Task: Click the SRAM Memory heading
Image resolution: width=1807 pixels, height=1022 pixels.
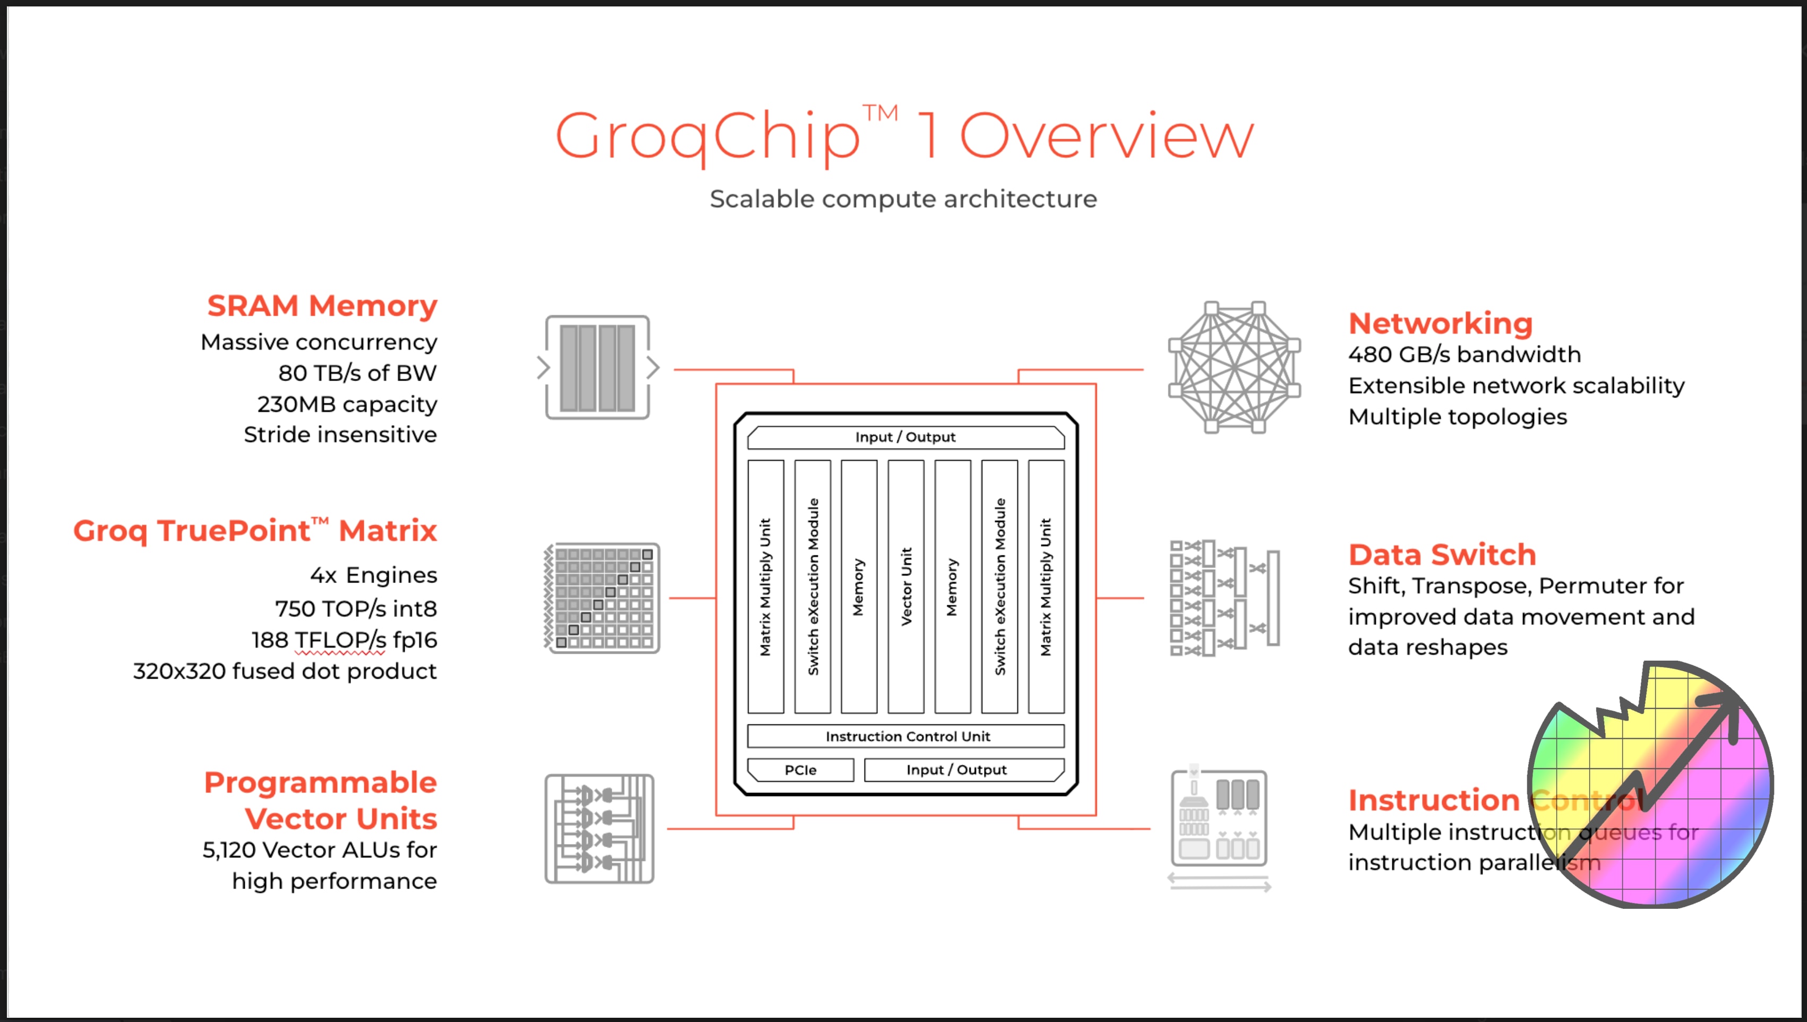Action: [x=322, y=306]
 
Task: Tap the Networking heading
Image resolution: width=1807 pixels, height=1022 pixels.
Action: [x=1440, y=324]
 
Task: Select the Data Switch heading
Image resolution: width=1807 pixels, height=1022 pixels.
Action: [x=1442, y=554]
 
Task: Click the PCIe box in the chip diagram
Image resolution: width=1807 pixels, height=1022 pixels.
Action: [x=800, y=770]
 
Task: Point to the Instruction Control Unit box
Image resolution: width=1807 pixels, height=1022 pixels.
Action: [x=906, y=736]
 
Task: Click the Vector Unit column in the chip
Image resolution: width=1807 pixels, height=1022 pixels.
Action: [x=905, y=586]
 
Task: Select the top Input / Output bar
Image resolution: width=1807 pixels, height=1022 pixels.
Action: [x=905, y=437]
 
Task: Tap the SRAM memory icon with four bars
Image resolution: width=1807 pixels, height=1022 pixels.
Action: [x=598, y=368]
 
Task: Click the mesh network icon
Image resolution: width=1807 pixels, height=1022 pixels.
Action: [x=1234, y=368]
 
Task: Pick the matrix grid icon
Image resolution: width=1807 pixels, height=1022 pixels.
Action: [x=602, y=598]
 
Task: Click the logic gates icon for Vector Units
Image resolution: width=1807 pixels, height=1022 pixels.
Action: [x=600, y=829]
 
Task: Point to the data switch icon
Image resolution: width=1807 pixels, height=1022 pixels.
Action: [x=1224, y=598]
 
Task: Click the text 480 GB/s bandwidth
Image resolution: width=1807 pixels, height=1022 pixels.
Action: [x=1464, y=354]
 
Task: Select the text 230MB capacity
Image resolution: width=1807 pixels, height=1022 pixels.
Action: [x=347, y=404]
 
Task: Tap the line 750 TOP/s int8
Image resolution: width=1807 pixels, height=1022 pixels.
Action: [x=356, y=609]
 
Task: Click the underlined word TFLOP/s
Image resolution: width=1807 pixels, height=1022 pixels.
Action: [x=340, y=640]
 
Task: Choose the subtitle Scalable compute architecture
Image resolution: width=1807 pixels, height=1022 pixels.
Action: [x=903, y=199]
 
